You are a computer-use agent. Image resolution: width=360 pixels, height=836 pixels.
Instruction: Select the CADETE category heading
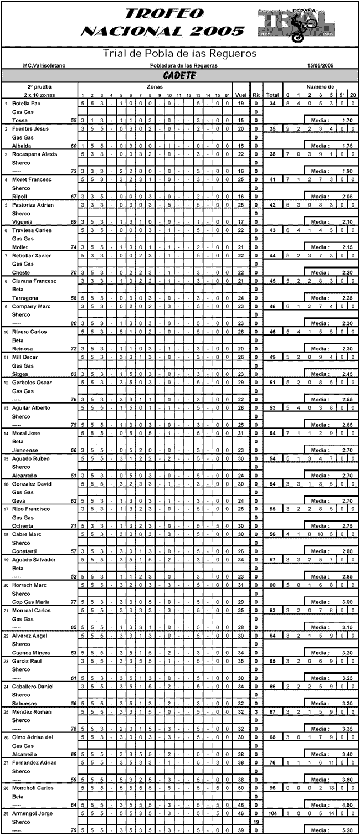pos(179,75)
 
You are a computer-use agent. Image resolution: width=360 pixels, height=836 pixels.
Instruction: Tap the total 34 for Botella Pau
pos(272,104)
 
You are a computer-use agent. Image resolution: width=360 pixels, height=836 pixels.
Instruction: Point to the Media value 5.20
pos(348,830)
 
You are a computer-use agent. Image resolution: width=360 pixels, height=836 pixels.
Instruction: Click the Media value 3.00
pos(348,602)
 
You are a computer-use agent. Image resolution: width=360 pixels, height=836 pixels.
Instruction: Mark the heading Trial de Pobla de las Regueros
pos(179,54)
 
